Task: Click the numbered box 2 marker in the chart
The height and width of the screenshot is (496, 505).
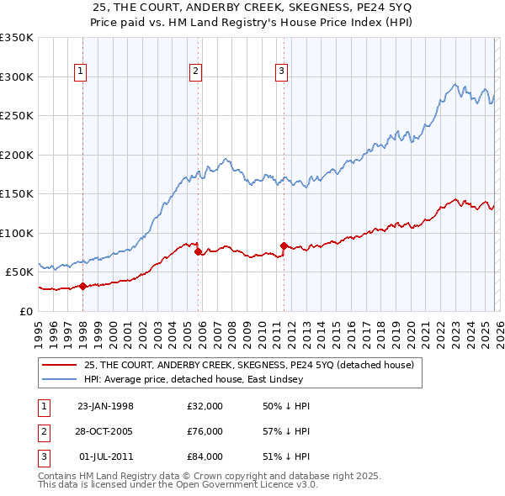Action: pyautogui.click(x=195, y=72)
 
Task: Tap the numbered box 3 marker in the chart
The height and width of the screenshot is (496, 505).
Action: pyautogui.click(x=281, y=72)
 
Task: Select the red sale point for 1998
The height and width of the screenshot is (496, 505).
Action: pyautogui.click(x=82, y=286)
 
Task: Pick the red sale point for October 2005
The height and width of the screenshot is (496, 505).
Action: pyautogui.click(x=199, y=251)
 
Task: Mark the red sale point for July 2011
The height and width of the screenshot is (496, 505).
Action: pyautogui.click(x=284, y=245)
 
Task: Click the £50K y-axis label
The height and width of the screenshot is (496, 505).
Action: pyautogui.click(x=19, y=272)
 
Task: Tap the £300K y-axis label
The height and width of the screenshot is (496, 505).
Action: pyautogui.click(x=17, y=77)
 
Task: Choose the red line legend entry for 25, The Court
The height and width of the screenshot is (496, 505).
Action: pyautogui.click(x=248, y=365)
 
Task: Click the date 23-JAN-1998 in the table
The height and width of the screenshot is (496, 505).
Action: pyautogui.click(x=105, y=406)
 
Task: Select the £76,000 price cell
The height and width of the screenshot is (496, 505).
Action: pyautogui.click(x=205, y=431)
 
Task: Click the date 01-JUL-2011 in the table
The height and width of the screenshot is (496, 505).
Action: pyautogui.click(x=105, y=456)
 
